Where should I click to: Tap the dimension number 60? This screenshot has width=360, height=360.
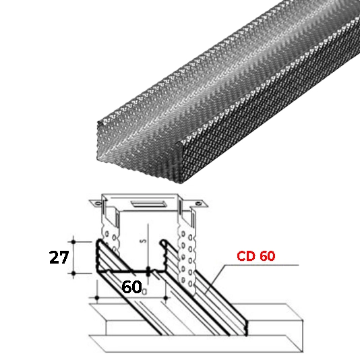[131, 287]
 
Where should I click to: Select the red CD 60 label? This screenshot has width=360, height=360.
[257, 256]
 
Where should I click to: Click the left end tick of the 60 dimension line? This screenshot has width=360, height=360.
[98, 297]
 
